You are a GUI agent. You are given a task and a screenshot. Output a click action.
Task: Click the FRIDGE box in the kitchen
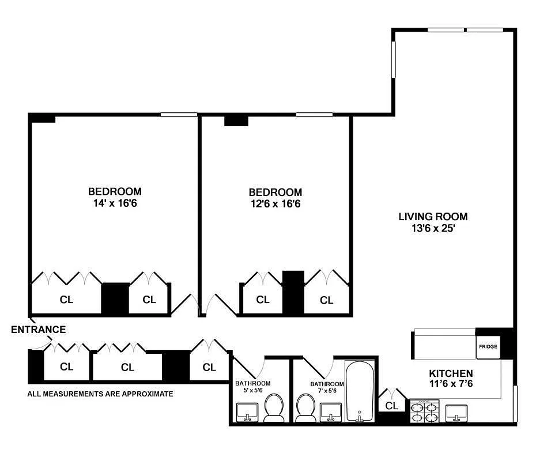click(x=488, y=347)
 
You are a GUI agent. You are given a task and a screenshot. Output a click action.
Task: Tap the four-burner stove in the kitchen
click(x=425, y=411)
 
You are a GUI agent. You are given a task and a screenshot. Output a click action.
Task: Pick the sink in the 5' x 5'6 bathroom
click(x=247, y=412)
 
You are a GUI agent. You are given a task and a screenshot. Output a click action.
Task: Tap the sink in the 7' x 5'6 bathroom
click(x=330, y=412)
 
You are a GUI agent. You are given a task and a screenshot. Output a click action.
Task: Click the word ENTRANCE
click(x=39, y=330)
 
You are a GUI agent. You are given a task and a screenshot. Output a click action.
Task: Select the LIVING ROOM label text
click(x=433, y=217)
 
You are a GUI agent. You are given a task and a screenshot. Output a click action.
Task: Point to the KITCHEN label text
click(x=451, y=373)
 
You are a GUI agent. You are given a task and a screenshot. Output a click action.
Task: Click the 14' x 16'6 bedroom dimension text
click(x=115, y=203)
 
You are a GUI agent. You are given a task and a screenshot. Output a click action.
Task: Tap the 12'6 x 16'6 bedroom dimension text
click(x=275, y=203)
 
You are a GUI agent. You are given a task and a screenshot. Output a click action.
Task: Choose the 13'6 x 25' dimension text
click(x=433, y=228)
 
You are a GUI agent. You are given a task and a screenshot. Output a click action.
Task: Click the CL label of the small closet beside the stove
click(x=392, y=405)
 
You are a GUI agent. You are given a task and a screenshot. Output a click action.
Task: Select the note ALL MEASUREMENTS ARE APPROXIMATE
click(x=100, y=394)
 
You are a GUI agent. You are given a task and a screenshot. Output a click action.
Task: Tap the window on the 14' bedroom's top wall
click(x=179, y=114)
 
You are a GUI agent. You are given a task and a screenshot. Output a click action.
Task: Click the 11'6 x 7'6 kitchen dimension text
click(x=451, y=384)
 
